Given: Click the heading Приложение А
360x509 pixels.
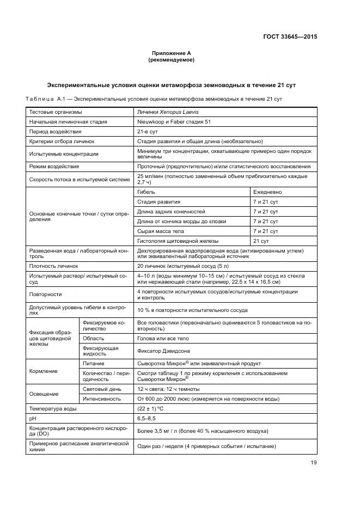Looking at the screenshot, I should (171, 53).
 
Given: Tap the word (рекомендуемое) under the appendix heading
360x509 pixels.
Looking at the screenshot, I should (171, 60).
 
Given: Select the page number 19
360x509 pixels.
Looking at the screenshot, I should (313, 463).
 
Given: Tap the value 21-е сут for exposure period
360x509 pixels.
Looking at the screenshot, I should (148, 131).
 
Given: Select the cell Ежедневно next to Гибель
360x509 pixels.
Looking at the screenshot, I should (267, 192).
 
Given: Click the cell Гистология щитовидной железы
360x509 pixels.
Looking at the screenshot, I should (178, 241).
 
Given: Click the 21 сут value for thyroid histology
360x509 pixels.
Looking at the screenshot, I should (261, 241).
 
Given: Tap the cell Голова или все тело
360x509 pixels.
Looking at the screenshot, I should (163, 338).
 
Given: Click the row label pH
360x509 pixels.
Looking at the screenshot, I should (33, 418).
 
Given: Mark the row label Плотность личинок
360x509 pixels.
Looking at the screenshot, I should (54, 266).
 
